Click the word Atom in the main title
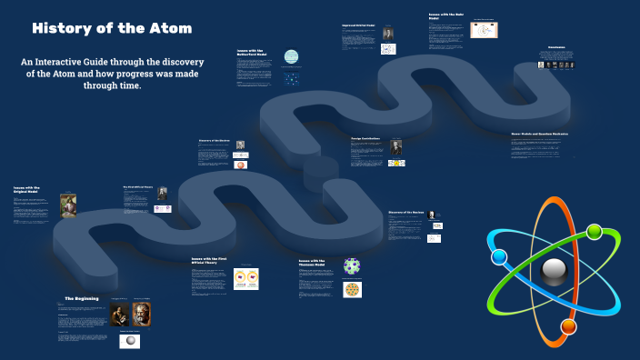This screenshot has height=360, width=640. [x=170, y=28]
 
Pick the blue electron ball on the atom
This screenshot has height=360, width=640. [x=498, y=256]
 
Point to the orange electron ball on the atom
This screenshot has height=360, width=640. [x=569, y=326]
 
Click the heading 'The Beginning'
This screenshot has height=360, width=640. [x=81, y=299]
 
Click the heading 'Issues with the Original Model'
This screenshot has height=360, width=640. [x=26, y=190]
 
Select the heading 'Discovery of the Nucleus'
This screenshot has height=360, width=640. [x=406, y=212]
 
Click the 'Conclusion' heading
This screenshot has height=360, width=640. [x=556, y=48]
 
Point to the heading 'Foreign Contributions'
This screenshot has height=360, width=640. [x=365, y=139]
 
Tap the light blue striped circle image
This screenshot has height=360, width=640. [x=291, y=56]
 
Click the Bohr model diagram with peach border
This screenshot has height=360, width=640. [x=483, y=30]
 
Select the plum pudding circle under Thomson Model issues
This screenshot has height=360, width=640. [x=352, y=290]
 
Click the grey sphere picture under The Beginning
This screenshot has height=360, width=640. [x=131, y=342]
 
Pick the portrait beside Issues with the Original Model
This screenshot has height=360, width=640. [x=69, y=205]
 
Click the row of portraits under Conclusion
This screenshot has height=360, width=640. [x=555, y=65]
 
